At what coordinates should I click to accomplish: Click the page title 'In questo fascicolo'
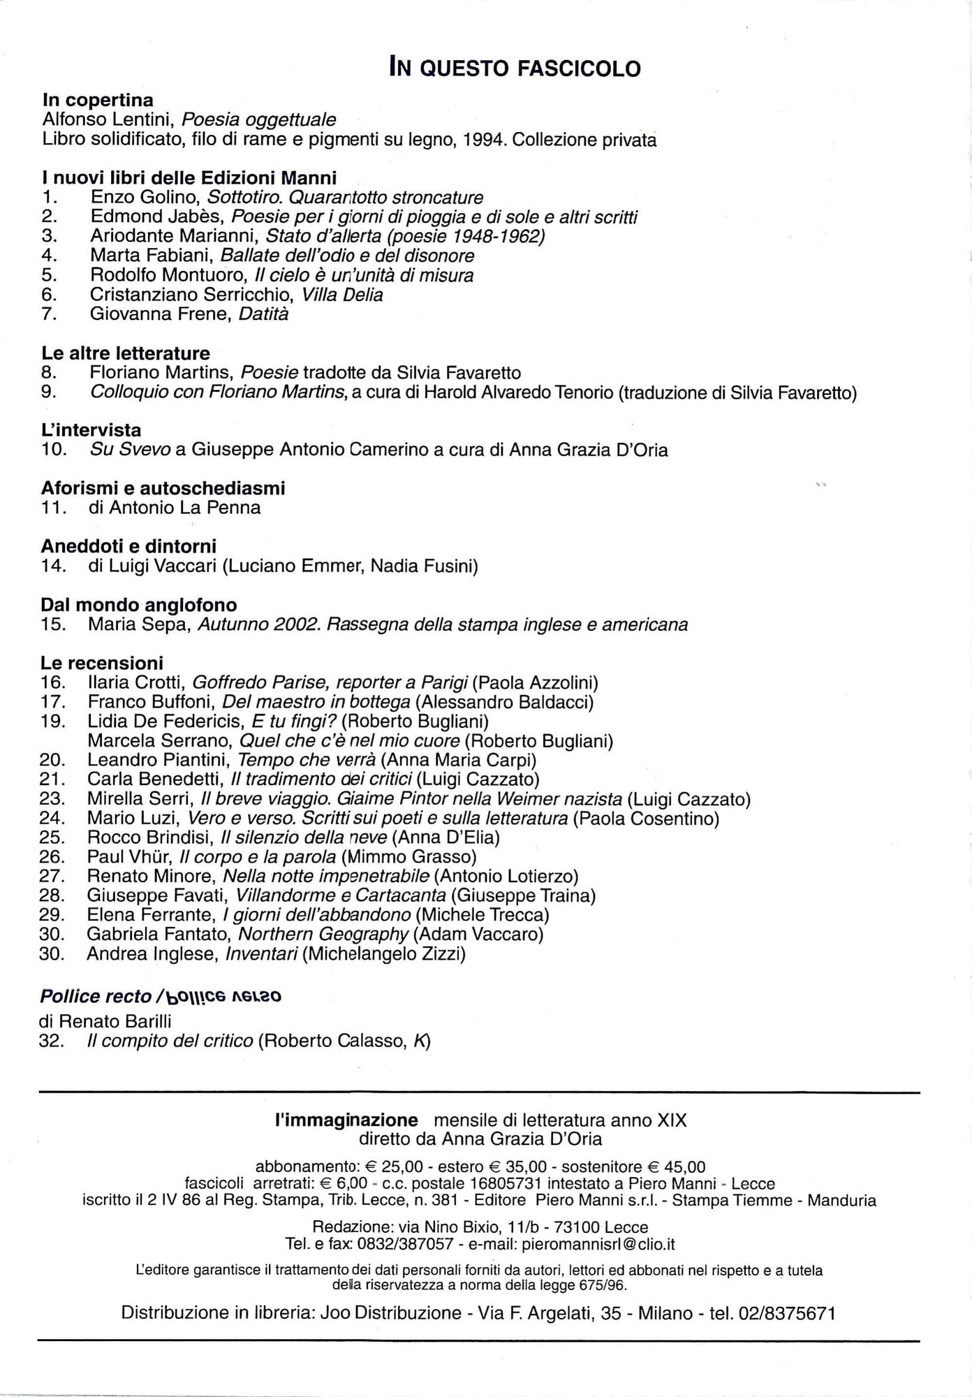tap(515, 68)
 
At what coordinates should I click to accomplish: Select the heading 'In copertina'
tap(98, 100)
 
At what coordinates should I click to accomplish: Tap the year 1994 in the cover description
tap(483, 140)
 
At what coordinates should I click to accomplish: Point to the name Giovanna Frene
tap(160, 314)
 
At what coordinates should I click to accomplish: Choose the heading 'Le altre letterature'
tap(126, 353)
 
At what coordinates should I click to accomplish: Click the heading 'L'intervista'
tap(91, 430)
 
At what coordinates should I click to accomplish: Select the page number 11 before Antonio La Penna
tap(54, 508)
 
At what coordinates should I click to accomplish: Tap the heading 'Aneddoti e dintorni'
tap(129, 546)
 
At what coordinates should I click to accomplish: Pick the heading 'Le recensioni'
tap(102, 663)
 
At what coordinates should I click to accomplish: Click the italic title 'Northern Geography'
tap(323, 935)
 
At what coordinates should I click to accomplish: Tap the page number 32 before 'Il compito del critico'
tap(52, 1041)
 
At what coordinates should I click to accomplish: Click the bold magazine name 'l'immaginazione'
tap(346, 1120)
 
